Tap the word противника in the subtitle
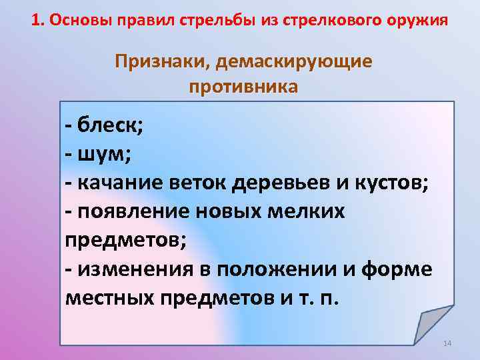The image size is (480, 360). [243, 87]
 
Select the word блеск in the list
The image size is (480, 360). [103, 123]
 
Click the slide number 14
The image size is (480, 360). [447, 343]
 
